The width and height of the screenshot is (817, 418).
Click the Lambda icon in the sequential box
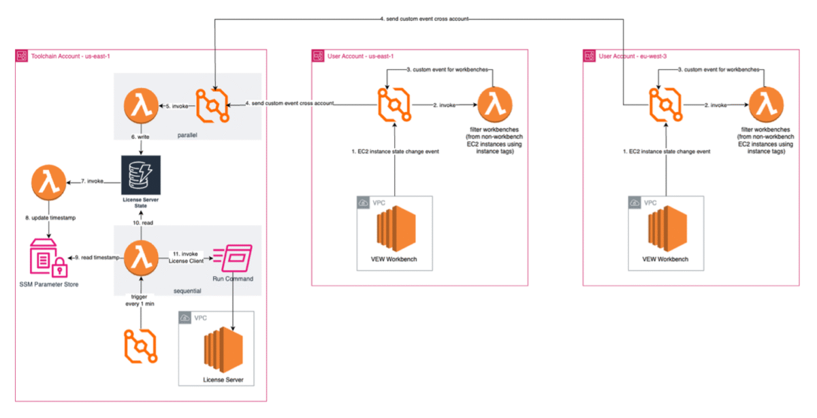pyautogui.click(x=140, y=257)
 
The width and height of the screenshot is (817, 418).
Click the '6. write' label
pyautogui.click(x=140, y=137)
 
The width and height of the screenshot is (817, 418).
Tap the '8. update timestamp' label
pyautogui.click(x=46, y=218)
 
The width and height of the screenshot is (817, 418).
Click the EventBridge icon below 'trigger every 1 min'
pyautogui.click(x=141, y=345)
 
